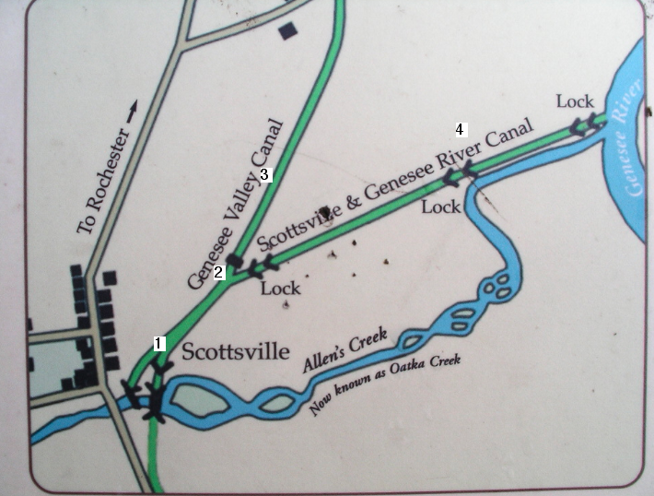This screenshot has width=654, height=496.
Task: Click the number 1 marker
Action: pyautogui.click(x=158, y=343)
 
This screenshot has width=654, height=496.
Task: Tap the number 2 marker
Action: pyautogui.click(x=218, y=271)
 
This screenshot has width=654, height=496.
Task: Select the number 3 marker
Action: pyautogui.click(x=263, y=173)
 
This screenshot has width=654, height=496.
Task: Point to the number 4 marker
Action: pyautogui.click(x=460, y=128)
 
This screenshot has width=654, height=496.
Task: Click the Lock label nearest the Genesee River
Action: pyautogui.click(x=575, y=100)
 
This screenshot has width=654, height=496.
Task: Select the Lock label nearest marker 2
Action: pyautogui.click(x=280, y=289)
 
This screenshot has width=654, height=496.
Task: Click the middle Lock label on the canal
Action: pyautogui.click(x=440, y=207)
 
